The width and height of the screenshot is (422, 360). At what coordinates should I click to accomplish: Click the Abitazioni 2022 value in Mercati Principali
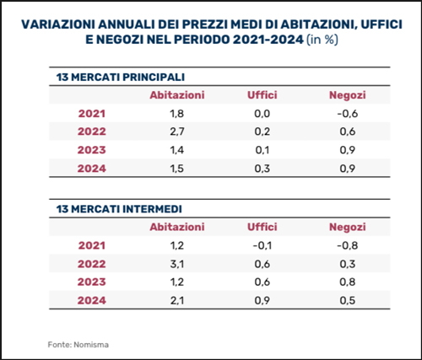pos(177,132)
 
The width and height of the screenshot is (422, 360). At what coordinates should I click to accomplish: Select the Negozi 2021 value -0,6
pos(348,114)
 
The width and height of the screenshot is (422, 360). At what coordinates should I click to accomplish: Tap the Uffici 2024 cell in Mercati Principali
pos(262,169)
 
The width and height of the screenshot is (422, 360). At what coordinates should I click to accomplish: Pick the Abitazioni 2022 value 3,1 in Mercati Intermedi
pos(177,264)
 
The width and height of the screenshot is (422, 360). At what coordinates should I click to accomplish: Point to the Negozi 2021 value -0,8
pos(348,245)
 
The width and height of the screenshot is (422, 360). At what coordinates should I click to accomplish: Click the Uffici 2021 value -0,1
pos(262,245)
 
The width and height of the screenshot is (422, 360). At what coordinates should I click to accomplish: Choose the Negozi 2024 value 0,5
pos(348,300)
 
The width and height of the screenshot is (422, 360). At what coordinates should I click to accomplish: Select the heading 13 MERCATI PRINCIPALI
pos(121,77)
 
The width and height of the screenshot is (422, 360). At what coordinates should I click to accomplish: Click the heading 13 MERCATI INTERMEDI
pos(119,209)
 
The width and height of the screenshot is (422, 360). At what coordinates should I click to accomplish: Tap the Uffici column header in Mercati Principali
pos(262,95)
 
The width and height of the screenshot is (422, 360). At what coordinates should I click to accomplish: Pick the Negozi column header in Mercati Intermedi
pos(348,227)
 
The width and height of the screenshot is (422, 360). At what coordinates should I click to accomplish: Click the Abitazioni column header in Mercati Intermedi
pos(177,227)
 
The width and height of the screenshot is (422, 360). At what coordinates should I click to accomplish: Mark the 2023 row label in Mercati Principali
pos(92,150)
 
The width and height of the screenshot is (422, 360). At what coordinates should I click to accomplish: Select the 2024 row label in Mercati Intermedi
pos(92,300)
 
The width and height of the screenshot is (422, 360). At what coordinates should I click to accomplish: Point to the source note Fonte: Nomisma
pos(78,345)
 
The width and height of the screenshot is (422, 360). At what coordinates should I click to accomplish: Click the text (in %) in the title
pos(322,40)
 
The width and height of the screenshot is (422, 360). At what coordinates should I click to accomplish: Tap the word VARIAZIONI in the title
pos(58,24)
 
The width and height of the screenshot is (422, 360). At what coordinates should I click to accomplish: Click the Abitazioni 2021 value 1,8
pos(177,114)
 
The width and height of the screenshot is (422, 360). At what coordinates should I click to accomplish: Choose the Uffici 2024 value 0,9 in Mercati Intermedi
pos(262,300)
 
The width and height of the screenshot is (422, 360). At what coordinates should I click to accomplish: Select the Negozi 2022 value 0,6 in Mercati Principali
pos(348,132)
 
